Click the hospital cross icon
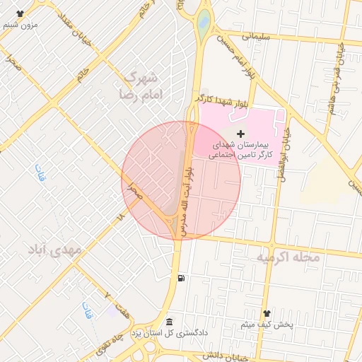241,133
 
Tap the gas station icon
182,278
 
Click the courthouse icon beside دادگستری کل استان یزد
169,322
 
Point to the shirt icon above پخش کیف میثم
267,313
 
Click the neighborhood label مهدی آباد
55,250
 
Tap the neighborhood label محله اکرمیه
288,257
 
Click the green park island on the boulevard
203,22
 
